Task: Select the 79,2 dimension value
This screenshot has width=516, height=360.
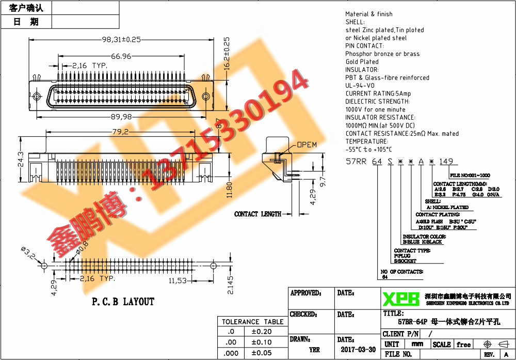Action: (120, 132)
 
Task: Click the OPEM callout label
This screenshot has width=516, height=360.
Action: (307, 145)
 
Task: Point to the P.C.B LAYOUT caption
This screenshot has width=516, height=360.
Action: (123, 302)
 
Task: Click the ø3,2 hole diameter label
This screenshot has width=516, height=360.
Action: (28, 253)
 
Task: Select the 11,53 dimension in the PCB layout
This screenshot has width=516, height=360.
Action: (178, 280)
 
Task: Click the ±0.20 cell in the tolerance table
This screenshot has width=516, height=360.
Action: (262, 332)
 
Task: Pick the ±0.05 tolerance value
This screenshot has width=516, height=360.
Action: (262, 352)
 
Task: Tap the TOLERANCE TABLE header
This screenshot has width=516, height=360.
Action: (253, 321)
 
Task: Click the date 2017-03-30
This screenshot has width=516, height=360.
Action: (358, 349)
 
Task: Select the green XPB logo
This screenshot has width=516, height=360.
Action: (401, 299)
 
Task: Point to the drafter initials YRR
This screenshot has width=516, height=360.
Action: (314, 350)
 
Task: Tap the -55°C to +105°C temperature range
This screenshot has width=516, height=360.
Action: (368, 149)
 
